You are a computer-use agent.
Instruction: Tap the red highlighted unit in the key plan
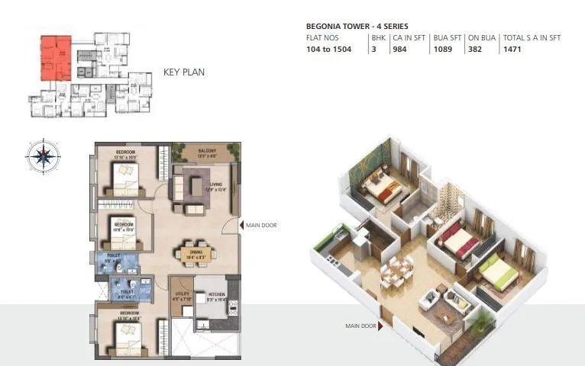[x=55, y=59]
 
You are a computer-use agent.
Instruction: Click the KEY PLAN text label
[x=184, y=73]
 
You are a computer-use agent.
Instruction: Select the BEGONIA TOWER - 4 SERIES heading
[x=357, y=26]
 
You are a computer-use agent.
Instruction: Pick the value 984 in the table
[x=399, y=49]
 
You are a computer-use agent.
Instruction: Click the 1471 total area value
[x=512, y=49]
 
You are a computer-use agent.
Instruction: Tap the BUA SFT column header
[x=446, y=37]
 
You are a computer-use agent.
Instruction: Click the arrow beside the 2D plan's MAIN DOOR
[x=241, y=225]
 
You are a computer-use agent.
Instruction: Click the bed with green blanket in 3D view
[x=497, y=272]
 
